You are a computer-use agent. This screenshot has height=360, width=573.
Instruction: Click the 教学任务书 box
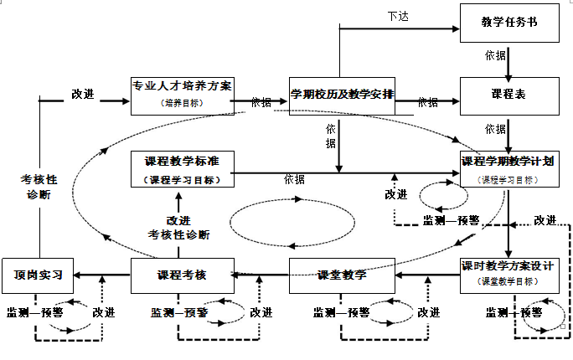tap(508, 22)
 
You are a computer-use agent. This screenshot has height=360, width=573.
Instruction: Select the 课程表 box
tap(508, 95)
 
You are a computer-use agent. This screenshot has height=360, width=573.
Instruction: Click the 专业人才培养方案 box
tap(182, 94)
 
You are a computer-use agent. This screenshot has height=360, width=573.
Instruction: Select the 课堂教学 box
tap(342, 275)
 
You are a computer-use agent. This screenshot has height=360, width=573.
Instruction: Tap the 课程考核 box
tap(182, 275)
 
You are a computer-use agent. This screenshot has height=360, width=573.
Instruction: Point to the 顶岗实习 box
tap(38, 275)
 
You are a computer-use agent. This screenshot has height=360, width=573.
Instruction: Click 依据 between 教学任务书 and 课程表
tap(495, 56)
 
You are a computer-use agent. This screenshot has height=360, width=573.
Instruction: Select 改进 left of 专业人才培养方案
tap(82, 94)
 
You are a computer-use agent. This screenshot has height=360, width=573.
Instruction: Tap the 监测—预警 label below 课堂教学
tap(342, 312)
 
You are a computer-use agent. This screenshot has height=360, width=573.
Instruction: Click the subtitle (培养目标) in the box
tap(182, 103)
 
